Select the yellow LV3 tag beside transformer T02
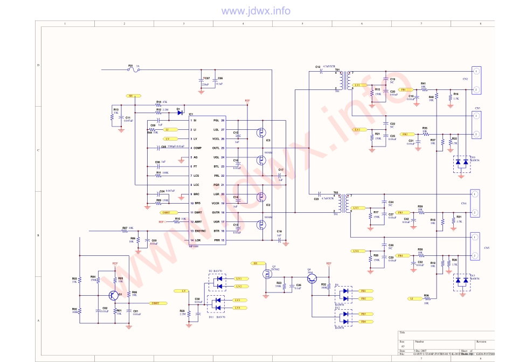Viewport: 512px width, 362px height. pos(355,208)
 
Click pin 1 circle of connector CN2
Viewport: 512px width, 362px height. pos(475,71)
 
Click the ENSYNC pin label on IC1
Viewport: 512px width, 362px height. pos(199,231)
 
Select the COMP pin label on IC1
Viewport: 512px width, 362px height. pos(197,148)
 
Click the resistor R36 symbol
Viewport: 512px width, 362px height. pos(426,298)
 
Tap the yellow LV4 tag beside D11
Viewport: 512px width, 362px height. pos(237,307)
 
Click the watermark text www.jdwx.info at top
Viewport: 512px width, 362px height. pos(256,11)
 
